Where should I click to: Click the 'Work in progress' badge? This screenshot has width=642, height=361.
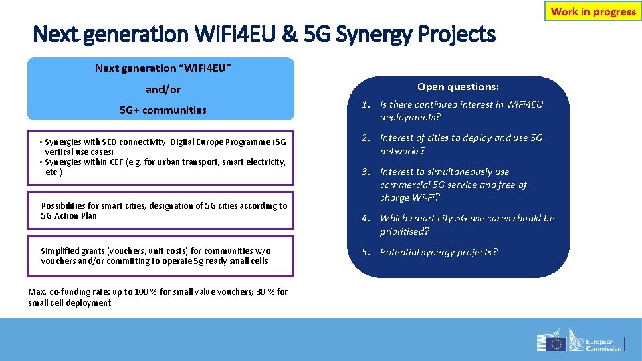pyautogui.click(x=593, y=11)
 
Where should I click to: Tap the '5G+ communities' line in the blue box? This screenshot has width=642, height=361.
pyautogui.click(x=163, y=110)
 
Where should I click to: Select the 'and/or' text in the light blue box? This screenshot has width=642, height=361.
pyautogui.click(x=163, y=89)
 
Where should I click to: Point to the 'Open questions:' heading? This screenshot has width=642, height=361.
pyautogui.click(x=458, y=87)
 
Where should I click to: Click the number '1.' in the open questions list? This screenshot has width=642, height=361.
pyautogui.click(x=366, y=104)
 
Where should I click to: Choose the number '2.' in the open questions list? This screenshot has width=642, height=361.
pyautogui.click(x=366, y=138)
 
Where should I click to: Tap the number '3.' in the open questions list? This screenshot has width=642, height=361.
pyautogui.click(x=366, y=172)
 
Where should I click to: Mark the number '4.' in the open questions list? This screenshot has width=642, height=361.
pyautogui.click(x=366, y=219)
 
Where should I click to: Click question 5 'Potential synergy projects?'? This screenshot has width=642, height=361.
pyautogui.click(x=438, y=252)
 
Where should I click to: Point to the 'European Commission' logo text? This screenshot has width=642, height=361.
pyautogui.click(x=603, y=344)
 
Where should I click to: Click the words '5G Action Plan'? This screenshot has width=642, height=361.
pyautogui.click(x=69, y=215)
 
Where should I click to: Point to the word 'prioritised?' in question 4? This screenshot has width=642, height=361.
pyautogui.click(x=405, y=231)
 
